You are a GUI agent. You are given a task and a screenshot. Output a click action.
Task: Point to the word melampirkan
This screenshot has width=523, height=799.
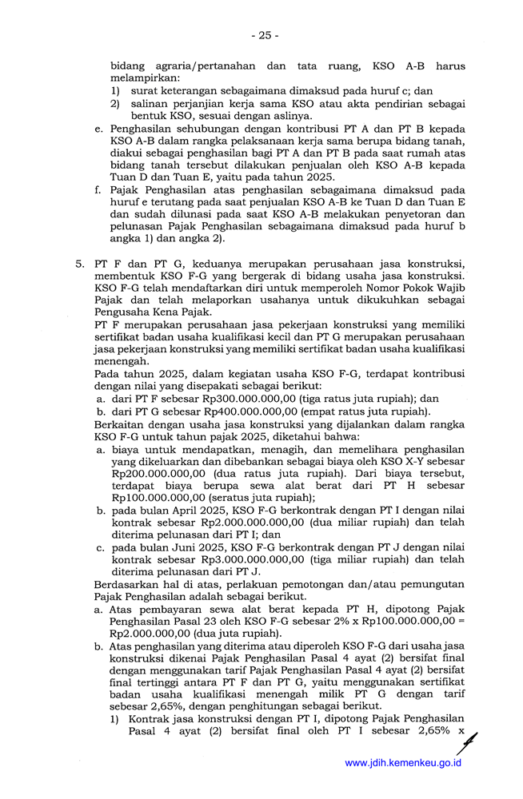point(145,78)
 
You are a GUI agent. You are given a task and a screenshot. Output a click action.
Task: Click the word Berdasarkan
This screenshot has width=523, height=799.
point(127,584)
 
